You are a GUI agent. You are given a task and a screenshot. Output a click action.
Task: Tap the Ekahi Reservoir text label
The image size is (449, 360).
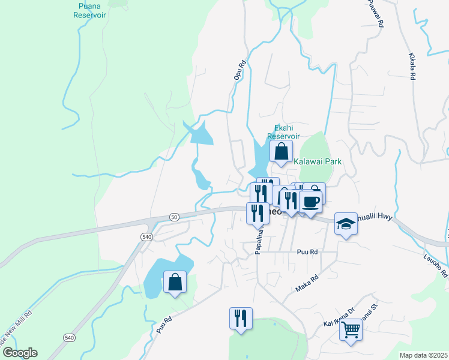point(283,131)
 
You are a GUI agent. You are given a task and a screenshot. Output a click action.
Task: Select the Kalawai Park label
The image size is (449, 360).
point(317,161)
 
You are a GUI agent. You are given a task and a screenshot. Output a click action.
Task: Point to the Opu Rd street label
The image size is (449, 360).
point(240,70)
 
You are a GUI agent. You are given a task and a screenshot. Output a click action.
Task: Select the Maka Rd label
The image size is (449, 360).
point(306,284)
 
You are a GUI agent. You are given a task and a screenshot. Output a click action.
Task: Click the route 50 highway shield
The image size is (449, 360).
point(174,217)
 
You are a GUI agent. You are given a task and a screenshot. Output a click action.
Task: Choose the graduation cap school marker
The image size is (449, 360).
point(345,224)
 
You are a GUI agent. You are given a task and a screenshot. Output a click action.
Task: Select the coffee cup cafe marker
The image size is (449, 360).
point(310,202)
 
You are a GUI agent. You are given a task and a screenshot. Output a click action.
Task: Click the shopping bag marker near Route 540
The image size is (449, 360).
point(174,282)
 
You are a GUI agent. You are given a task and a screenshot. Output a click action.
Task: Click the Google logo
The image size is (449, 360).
point(20,353)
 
